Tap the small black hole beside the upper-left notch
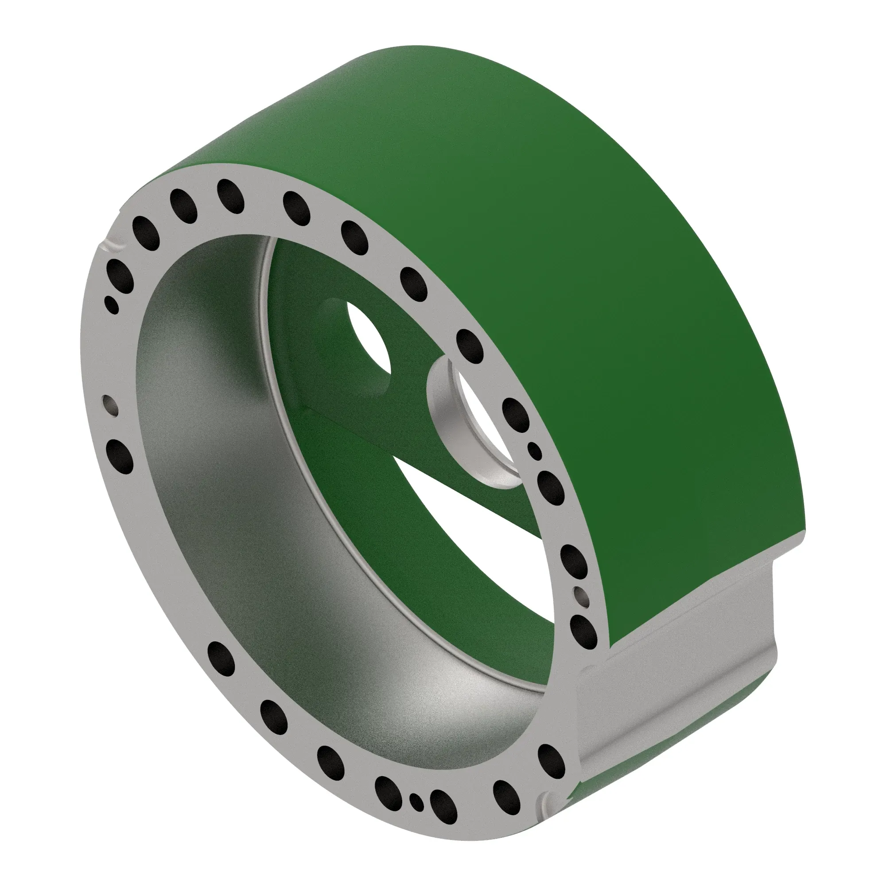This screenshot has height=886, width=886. [x=112, y=304]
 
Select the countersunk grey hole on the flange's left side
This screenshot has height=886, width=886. [x=110, y=404]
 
